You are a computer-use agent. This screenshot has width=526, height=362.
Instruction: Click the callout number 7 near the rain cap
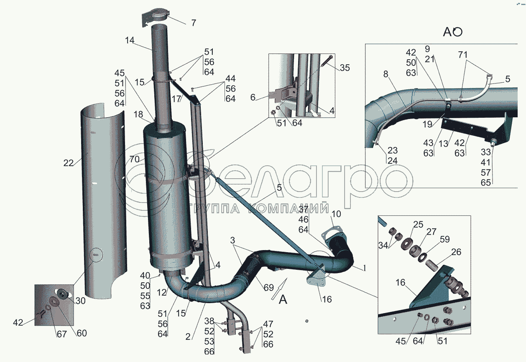[193, 23]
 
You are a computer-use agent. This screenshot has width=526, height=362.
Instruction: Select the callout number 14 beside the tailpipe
[130, 41]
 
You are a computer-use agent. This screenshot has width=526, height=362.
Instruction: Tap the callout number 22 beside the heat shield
[68, 163]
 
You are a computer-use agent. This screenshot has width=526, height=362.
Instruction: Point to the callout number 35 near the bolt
[345, 68]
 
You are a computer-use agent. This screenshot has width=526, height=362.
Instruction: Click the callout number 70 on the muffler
[135, 159]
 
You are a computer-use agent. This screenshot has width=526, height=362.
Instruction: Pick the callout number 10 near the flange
[337, 214]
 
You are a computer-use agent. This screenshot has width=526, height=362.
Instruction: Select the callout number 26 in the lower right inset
[456, 252]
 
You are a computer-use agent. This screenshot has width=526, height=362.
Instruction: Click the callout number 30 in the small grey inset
[80, 301]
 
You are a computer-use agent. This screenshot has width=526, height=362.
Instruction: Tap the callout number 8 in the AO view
[386, 74]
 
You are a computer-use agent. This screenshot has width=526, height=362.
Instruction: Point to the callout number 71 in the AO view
[462, 55]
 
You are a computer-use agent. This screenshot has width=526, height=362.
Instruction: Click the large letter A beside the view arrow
[283, 300]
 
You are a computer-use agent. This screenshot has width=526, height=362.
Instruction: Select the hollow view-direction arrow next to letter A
[279, 289]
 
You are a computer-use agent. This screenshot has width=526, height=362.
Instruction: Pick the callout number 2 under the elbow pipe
[188, 337]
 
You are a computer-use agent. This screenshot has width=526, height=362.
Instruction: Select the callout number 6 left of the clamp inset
[253, 97]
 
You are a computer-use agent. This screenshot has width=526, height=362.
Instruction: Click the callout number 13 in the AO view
[444, 144]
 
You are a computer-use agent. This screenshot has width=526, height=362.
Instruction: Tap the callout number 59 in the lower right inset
[444, 239]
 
